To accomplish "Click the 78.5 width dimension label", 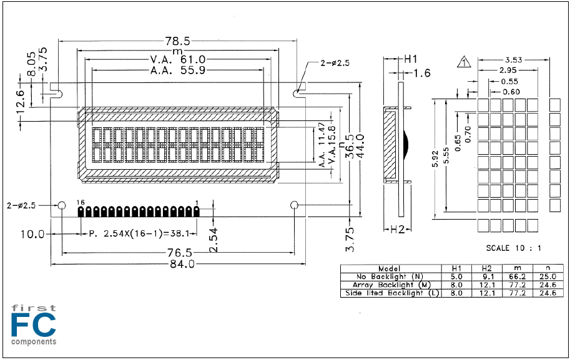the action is coord(178,41).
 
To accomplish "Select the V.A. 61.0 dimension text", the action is coord(178,59).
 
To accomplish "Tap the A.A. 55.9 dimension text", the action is coord(178,70).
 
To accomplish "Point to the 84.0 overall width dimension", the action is coord(182,264).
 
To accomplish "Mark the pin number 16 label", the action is coord(81,202).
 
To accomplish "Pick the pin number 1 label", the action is coord(197,202).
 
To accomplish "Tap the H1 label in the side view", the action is coord(411,59).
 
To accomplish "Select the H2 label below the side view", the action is coord(397,229).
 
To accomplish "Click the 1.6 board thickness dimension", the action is coord(422,74).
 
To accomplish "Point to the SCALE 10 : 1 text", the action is coord(514,248).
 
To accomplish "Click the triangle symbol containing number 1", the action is coord(464,62).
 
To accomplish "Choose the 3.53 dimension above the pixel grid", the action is coord(513,60).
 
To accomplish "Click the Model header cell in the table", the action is coord(390,268).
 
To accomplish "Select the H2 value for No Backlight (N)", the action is coord(487,277).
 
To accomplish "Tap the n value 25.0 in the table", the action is coord(548,277).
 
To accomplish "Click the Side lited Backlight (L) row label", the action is coord(392,293).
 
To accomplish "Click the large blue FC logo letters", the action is coord(34,325).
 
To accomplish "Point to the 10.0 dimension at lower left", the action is coord(32,234).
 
